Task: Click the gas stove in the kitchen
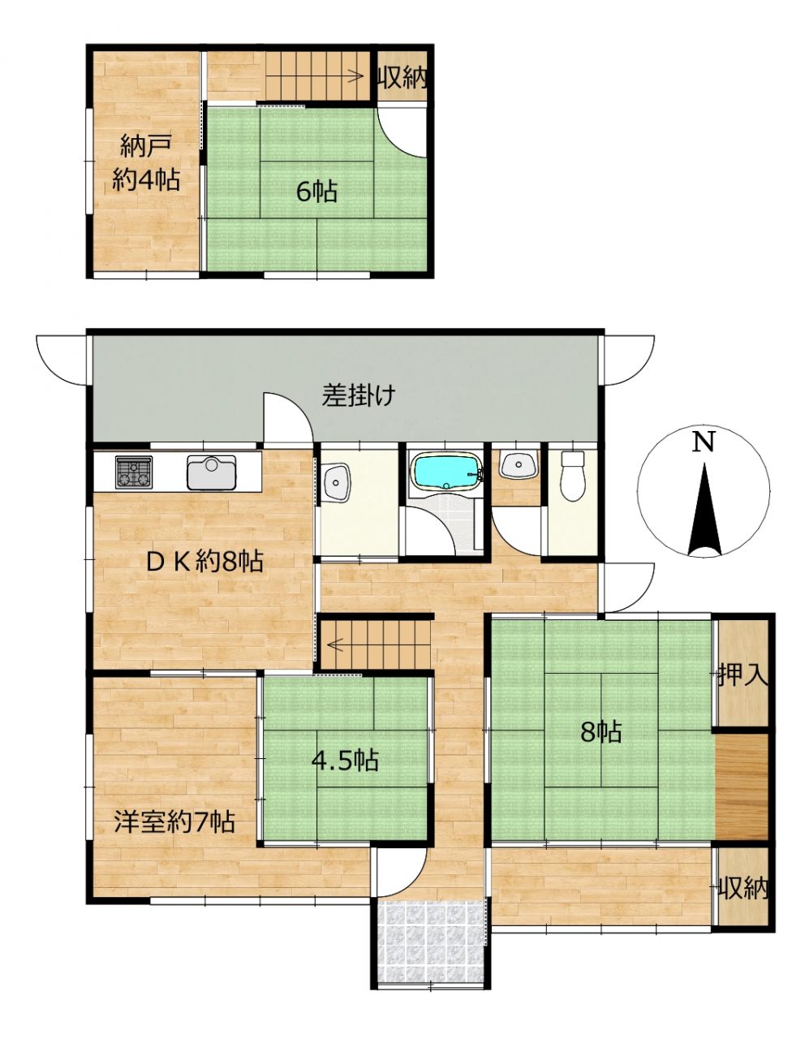pos(134,472)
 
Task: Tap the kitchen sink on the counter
pos(211,472)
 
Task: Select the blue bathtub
pos(446,472)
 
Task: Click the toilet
pos(573,476)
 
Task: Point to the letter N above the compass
pos(704,442)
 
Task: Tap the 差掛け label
pos(359,395)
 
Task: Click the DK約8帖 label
pos(204,562)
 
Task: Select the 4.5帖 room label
pos(345,761)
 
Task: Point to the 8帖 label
pos(601,731)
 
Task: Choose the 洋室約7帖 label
pos(174,822)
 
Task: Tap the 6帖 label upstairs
pos(316,192)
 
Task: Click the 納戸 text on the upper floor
pos(146,146)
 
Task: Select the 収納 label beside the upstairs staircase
pos(402,78)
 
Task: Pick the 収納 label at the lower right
pos(743,889)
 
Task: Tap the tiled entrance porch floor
pos(431,939)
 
